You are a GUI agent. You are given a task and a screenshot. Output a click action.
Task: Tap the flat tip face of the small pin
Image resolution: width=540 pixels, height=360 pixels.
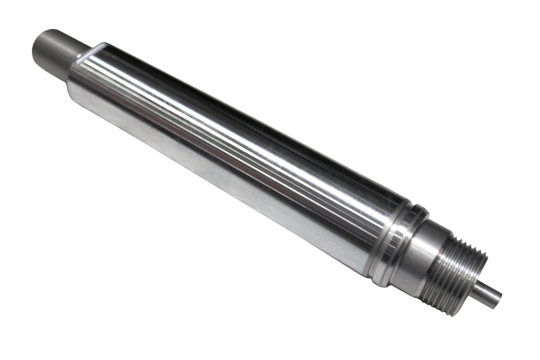tap(497, 300)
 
